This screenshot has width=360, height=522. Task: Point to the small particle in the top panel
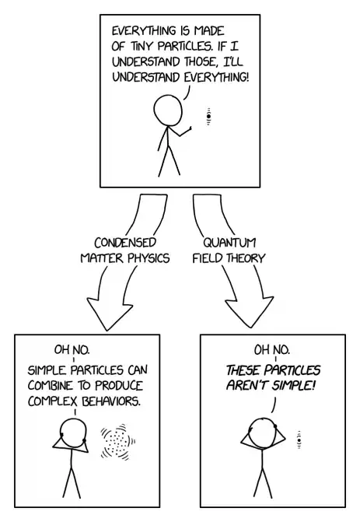(208, 117)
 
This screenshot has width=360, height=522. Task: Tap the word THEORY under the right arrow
(244, 258)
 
